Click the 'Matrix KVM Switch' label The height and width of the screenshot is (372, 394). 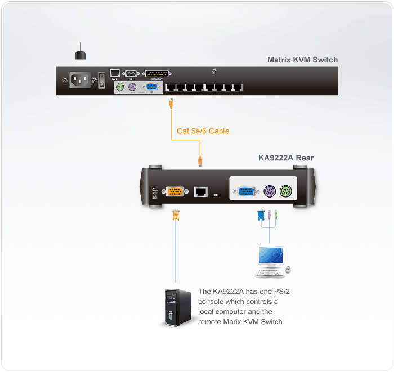[x=302, y=60]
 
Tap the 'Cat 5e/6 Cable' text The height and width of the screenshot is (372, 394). [x=203, y=131]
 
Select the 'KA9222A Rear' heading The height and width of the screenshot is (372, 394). [x=285, y=158]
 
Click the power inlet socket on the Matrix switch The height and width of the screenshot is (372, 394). [x=79, y=80]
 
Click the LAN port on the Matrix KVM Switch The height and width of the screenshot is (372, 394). [x=114, y=73]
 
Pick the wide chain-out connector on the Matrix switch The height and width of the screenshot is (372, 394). [x=157, y=73]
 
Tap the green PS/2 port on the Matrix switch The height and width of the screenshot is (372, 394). [x=119, y=87]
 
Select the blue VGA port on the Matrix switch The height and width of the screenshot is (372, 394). [x=151, y=87]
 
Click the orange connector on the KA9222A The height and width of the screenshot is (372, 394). [x=174, y=191]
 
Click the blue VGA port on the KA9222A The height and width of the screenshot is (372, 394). [x=245, y=191]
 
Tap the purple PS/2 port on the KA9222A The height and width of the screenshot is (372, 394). [x=269, y=191]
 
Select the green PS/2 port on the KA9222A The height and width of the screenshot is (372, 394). [x=286, y=191]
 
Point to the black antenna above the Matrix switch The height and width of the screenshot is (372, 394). [x=80, y=52]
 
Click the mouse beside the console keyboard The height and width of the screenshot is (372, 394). [x=288, y=270]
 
